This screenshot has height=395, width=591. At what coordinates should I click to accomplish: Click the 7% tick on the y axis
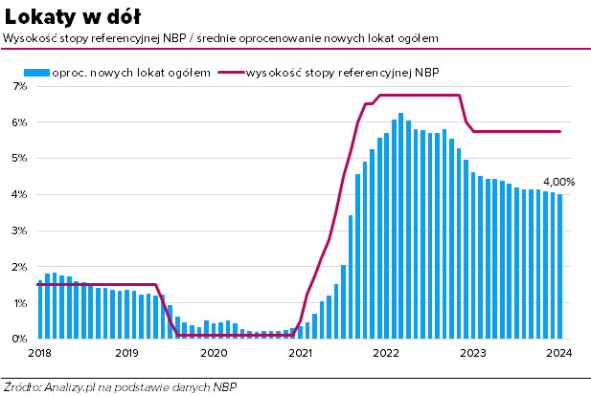(x=18, y=86)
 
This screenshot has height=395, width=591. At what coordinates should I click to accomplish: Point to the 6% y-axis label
(x=18, y=122)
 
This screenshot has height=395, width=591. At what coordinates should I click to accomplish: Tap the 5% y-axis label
(x=18, y=159)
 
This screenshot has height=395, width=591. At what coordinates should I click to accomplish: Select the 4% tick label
(x=18, y=194)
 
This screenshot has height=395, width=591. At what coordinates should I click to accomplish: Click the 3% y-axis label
(x=18, y=230)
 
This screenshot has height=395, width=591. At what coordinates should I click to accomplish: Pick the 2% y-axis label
(x=18, y=267)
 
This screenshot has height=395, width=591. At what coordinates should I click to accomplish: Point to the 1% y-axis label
(x=18, y=303)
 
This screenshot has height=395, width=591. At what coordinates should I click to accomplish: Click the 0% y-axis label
(x=18, y=339)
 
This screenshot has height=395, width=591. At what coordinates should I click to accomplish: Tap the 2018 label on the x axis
(x=39, y=353)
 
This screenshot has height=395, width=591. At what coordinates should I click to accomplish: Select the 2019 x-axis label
(x=126, y=353)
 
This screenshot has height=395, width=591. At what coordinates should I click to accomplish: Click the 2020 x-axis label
(x=213, y=353)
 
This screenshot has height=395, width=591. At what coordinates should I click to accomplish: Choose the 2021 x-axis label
(x=300, y=353)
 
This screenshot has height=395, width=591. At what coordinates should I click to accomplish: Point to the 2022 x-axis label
(x=386, y=353)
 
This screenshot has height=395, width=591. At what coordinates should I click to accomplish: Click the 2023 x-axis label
(x=472, y=353)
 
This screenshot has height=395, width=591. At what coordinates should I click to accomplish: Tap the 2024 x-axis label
(x=559, y=353)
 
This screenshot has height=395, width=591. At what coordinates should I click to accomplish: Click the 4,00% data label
(x=558, y=182)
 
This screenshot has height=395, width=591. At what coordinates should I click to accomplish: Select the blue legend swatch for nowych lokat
(x=36, y=72)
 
